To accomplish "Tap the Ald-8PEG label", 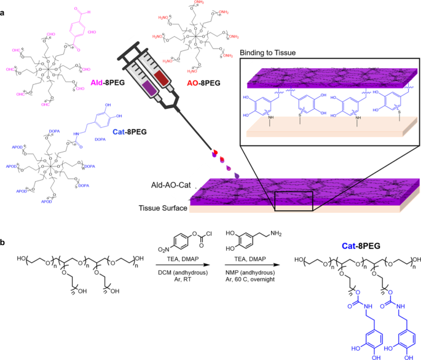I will [110, 82].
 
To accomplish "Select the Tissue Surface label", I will [163, 209].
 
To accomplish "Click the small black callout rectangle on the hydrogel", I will [294, 201].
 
